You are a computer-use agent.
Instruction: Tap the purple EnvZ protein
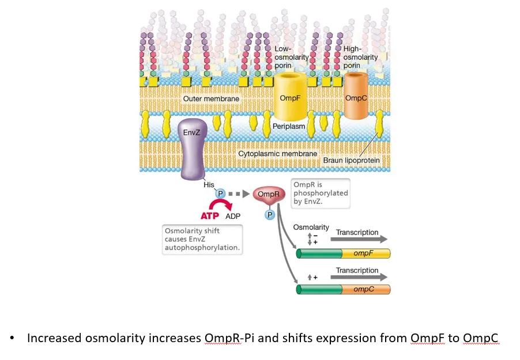coord(191,147)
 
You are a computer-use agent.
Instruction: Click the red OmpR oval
coord(268,195)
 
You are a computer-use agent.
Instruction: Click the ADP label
coord(233,216)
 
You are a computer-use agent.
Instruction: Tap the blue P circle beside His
coord(220,194)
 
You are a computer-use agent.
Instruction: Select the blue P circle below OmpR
coord(269,214)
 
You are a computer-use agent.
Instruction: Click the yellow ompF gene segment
coord(365,253)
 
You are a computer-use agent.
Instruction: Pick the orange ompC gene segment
coord(365,289)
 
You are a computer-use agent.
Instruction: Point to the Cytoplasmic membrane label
coord(278,154)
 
